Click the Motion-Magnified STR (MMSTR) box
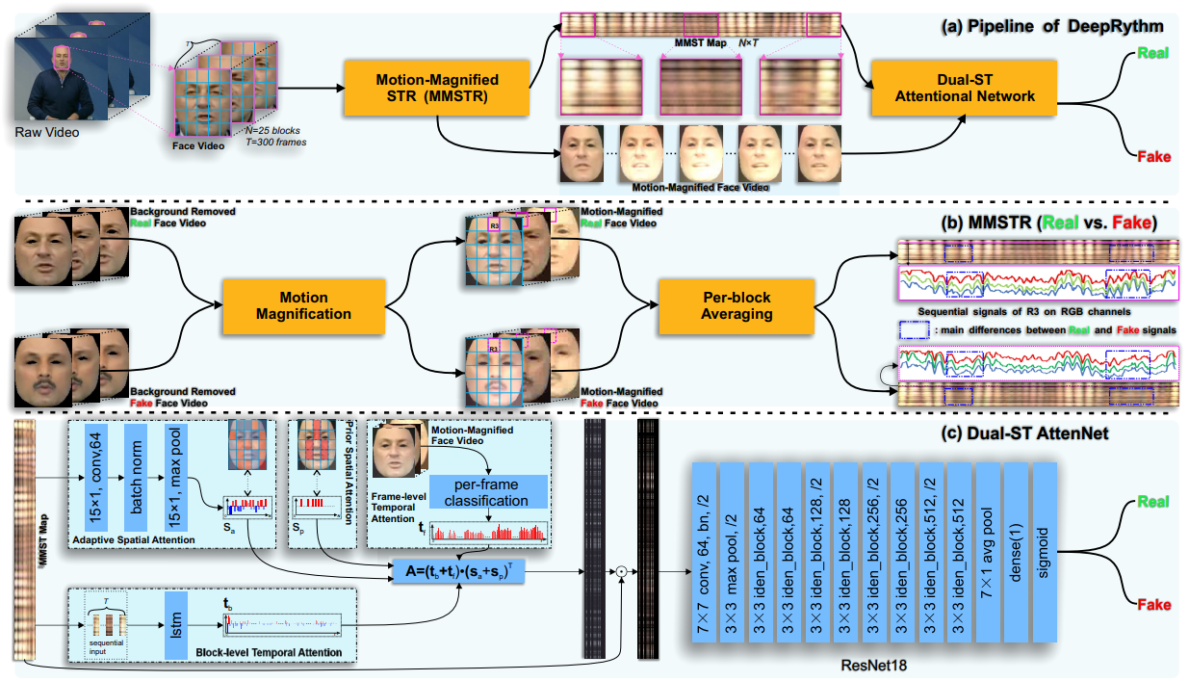click(x=438, y=87)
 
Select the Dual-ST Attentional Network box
click(x=966, y=87)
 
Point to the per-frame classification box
click(x=486, y=493)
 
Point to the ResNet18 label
click(x=874, y=664)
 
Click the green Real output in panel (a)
click(x=1153, y=53)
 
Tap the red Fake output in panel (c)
click(x=1153, y=605)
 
